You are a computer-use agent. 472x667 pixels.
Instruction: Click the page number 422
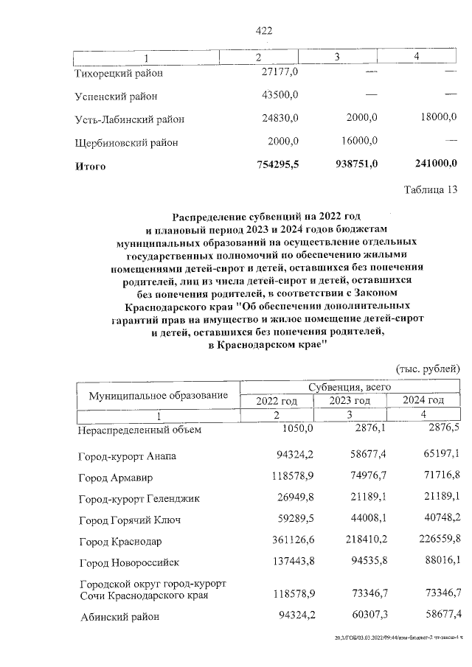(x=263, y=30)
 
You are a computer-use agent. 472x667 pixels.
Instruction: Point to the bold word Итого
(x=91, y=167)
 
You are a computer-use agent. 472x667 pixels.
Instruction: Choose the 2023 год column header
(x=350, y=400)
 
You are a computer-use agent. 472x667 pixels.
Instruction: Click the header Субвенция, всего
(x=350, y=386)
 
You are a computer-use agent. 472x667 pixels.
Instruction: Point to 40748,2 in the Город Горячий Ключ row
(x=440, y=520)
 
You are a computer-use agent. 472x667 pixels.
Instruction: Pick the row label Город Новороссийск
(x=129, y=564)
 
